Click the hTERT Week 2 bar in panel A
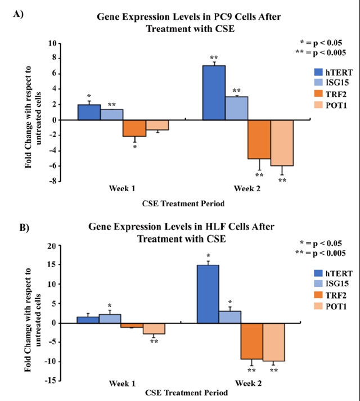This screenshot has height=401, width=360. pos(213,92)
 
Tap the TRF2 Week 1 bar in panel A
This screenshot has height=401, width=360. pos(134,128)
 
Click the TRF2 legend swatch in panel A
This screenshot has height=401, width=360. pos(318,93)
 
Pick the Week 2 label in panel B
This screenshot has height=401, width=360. pos(241,383)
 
